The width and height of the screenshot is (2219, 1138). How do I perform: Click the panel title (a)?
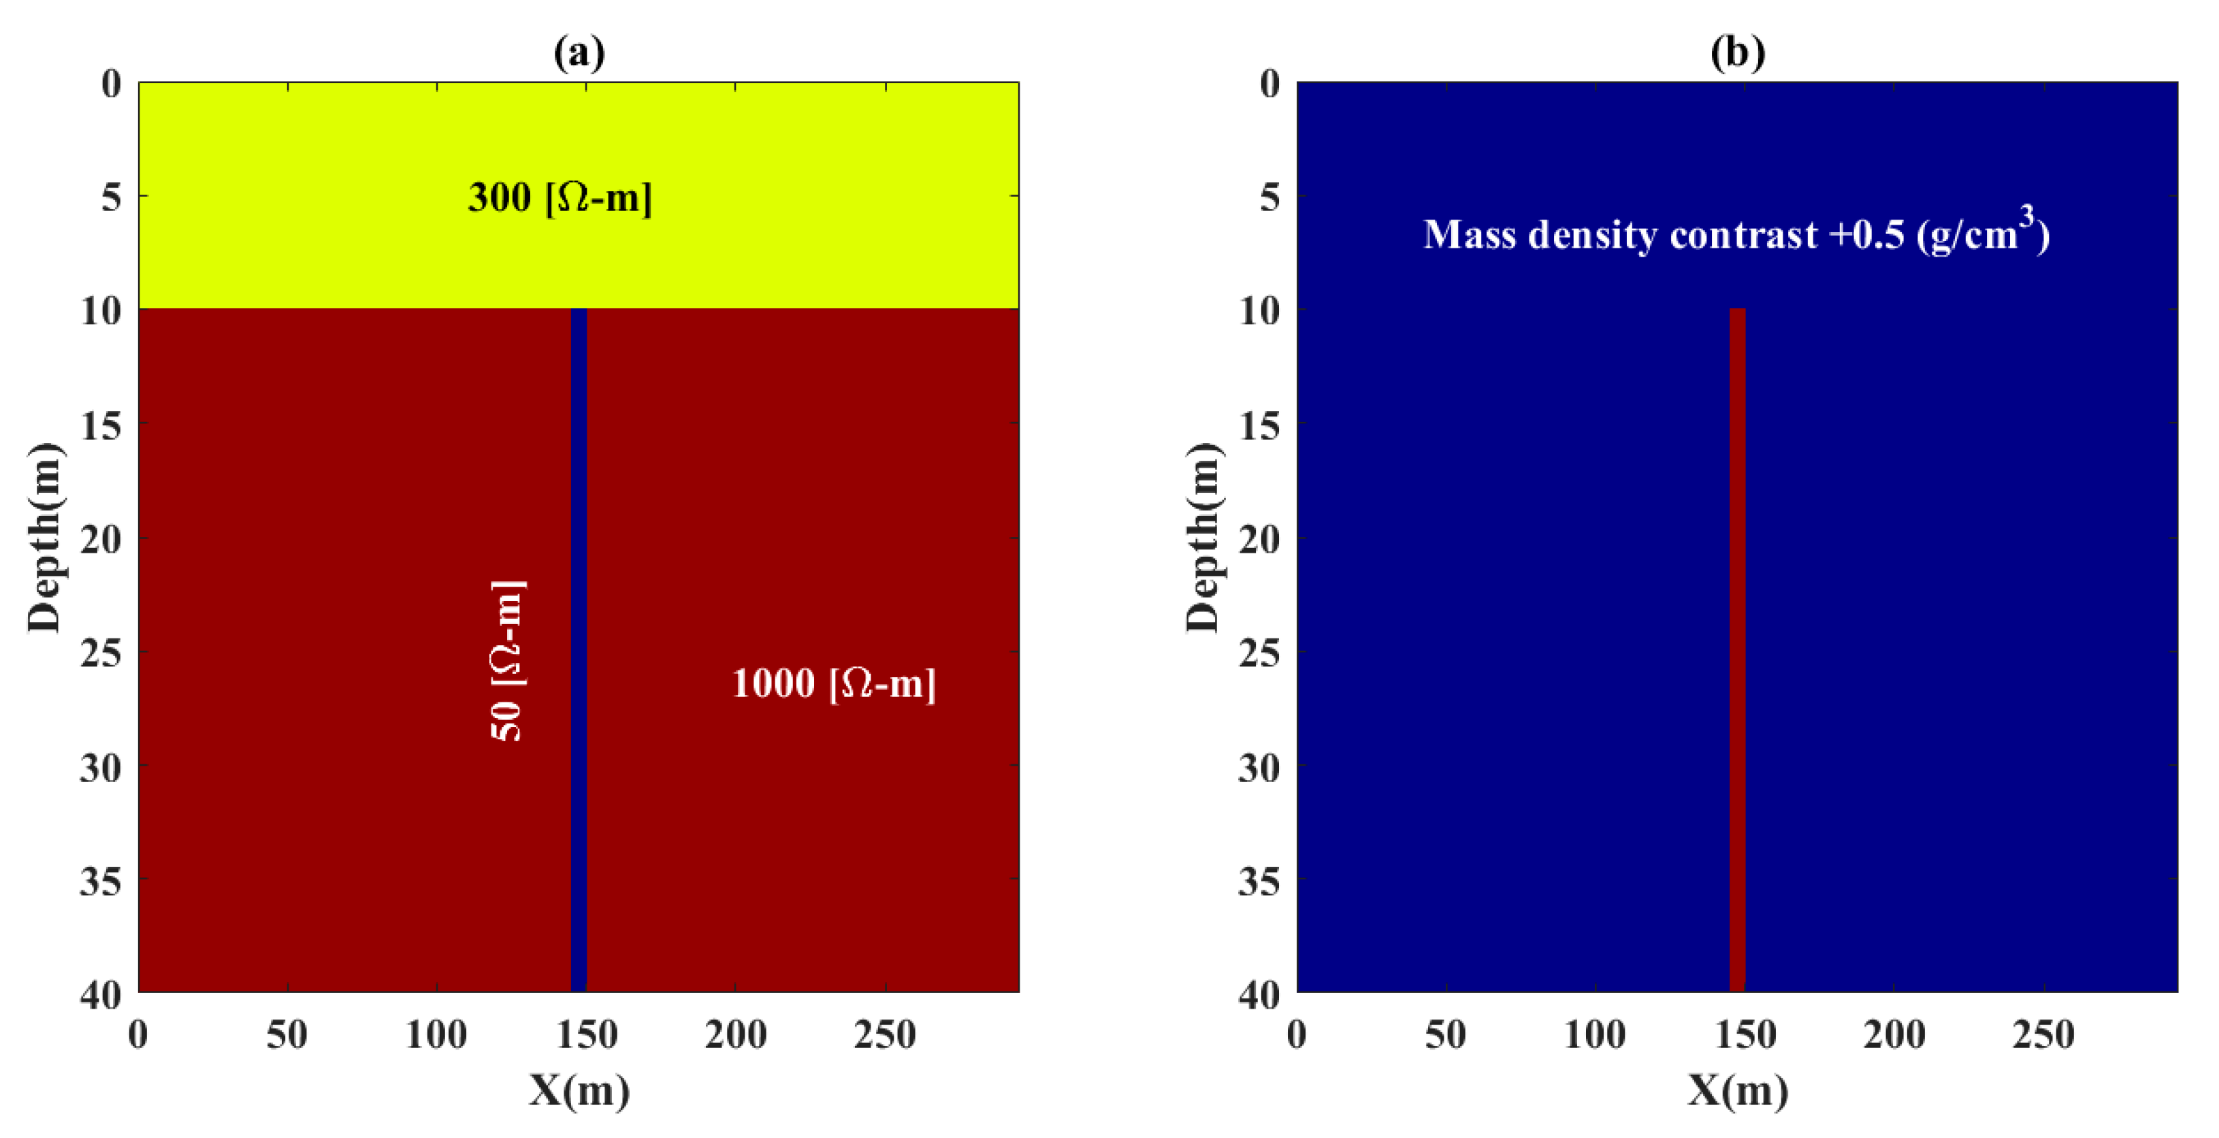(x=579, y=52)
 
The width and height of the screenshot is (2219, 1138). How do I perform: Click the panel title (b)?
(x=1736, y=52)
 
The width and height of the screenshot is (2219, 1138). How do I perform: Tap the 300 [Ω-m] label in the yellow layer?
(x=560, y=197)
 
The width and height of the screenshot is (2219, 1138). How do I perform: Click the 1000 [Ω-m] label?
(x=833, y=683)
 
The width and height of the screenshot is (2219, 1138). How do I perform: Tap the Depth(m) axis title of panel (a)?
(x=45, y=538)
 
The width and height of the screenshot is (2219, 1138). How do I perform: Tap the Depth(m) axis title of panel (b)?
(x=1203, y=538)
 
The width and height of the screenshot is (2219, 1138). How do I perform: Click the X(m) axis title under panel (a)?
(x=579, y=1090)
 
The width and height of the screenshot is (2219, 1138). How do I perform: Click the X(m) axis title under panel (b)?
(x=1736, y=1090)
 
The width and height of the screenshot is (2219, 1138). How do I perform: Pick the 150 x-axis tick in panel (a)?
(x=587, y=1034)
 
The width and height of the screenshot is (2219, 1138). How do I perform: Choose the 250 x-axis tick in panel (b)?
(x=2043, y=1034)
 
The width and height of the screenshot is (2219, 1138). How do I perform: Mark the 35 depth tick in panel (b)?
(x=1259, y=881)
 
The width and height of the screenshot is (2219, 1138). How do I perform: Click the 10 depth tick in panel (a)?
(x=101, y=311)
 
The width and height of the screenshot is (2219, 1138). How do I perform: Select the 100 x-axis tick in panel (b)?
(x=1594, y=1034)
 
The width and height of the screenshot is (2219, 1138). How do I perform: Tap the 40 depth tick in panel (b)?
(x=1259, y=995)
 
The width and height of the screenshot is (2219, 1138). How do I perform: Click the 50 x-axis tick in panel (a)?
(x=287, y=1034)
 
